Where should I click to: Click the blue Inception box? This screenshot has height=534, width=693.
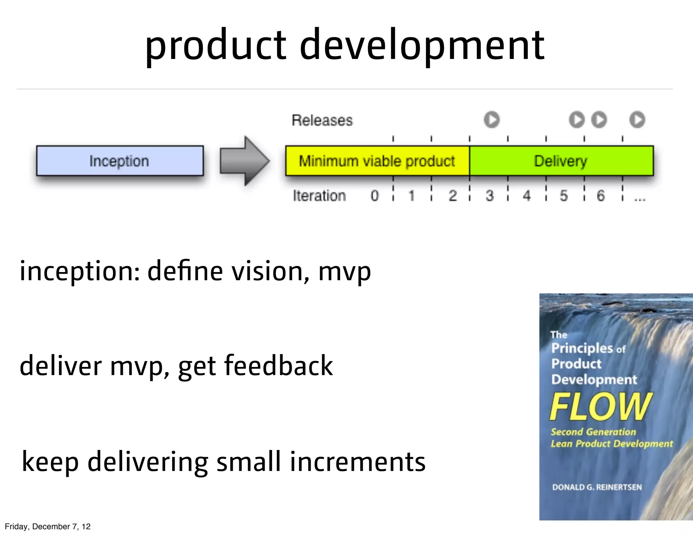tap(120, 161)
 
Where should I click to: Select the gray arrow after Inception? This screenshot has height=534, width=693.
tap(244, 161)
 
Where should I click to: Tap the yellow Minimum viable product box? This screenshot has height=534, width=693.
tap(377, 161)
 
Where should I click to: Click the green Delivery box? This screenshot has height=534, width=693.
tap(561, 161)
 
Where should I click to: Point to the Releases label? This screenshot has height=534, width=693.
tap(322, 120)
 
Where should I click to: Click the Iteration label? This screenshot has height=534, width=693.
tap(319, 196)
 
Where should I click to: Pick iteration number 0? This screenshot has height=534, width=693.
tap(374, 196)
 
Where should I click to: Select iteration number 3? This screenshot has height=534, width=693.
tap(489, 196)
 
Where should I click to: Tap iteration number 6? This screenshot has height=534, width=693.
tap(600, 196)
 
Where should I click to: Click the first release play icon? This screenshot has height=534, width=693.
tap(492, 120)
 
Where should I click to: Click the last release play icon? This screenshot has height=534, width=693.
tap(637, 120)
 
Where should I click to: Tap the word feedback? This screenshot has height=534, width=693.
tap(278, 366)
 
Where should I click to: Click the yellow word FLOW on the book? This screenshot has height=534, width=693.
tap(600, 407)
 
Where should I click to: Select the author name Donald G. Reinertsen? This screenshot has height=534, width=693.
tap(597, 487)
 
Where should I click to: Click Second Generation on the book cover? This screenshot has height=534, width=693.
tap(593, 432)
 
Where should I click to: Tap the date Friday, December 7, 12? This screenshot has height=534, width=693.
tap(48, 527)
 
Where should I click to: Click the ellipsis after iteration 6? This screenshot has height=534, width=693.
tap(640, 199)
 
